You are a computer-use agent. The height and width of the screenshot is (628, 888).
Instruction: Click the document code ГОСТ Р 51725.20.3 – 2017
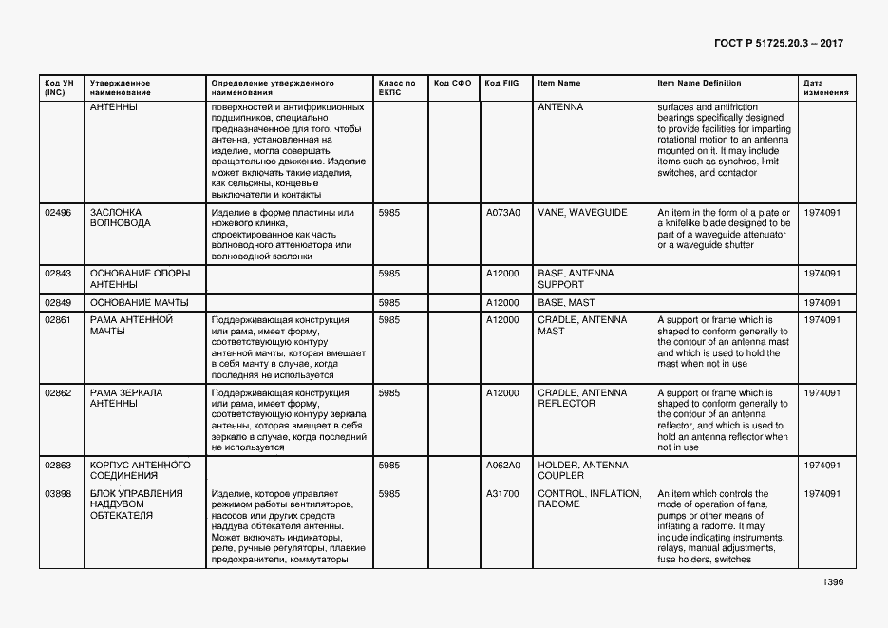tap(778, 44)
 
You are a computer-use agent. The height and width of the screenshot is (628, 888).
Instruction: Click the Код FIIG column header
tap(502, 83)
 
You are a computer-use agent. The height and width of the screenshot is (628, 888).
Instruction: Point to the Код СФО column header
tap(452, 83)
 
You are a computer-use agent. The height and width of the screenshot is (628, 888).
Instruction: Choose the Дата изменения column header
tap(820, 87)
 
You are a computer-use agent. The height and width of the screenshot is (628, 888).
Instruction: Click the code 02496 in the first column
tap(58, 213)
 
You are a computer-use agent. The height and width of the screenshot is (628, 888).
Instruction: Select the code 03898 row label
tap(58, 494)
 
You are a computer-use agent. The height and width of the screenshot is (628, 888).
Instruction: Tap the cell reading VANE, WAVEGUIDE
tap(582, 213)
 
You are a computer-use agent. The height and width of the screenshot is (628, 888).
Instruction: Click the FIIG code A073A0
tap(502, 213)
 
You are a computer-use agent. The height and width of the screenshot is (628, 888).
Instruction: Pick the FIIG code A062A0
tap(502, 466)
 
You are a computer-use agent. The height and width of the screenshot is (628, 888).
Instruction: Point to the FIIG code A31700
tap(502, 494)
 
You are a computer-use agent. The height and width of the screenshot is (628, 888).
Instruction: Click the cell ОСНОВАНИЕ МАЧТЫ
tap(139, 303)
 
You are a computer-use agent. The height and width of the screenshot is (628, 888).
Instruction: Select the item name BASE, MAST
tap(567, 303)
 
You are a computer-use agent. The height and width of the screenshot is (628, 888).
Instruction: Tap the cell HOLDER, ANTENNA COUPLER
tap(582, 470)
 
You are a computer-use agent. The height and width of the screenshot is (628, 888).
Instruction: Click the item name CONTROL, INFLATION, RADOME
tap(589, 500)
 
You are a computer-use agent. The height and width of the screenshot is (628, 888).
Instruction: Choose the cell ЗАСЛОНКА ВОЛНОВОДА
tap(121, 219)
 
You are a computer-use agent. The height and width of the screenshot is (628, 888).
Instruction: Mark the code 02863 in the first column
tap(58, 466)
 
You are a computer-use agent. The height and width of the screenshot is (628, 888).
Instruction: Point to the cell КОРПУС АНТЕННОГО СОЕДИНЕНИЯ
tap(140, 470)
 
